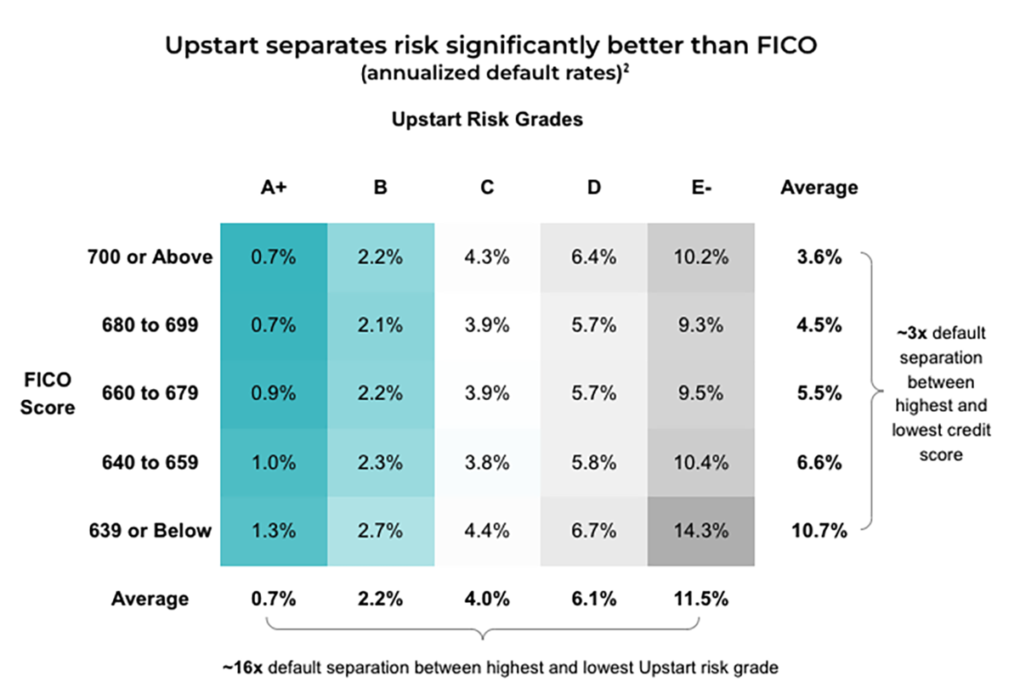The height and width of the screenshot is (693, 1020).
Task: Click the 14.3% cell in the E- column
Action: pos(700,531)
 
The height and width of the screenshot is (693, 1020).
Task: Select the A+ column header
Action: pos(274,188)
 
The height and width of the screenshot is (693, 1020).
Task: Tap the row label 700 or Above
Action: pos(150,256)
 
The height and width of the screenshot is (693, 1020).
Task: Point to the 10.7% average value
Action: pos(819,531)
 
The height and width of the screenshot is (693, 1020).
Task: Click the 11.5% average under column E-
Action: pos(700,599)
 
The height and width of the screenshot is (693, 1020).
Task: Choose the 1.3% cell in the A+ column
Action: pos(274,531)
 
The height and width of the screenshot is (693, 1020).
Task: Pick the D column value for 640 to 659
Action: pos(593,462)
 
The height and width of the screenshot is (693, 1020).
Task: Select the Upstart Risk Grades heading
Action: pos(487,119)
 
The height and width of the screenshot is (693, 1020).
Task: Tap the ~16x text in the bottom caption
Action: pos(242,668)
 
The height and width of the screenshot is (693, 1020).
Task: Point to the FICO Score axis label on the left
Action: pos(50,394)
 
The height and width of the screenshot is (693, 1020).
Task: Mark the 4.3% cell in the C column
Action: pos(487,256)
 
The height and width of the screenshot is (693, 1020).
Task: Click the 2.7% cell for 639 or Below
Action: pos(380,531)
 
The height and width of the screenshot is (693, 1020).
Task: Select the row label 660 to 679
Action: pos(150,393)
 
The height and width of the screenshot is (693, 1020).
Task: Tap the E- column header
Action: pos(700,188)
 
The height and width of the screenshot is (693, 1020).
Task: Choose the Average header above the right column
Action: pos(819,188)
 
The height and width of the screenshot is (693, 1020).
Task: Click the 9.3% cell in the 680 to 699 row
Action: pos(700,324)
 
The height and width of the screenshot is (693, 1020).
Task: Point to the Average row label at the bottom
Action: pos(150,599)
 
